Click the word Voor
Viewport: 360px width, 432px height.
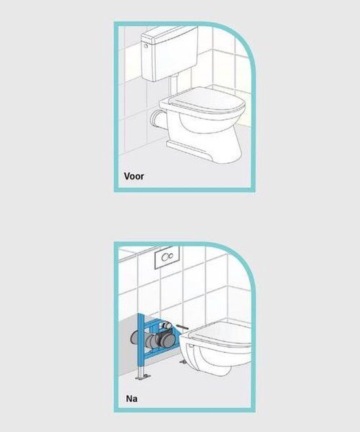click(134, 176)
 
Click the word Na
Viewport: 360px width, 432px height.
click(132, 399)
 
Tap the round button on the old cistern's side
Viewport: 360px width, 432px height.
click(146, 46)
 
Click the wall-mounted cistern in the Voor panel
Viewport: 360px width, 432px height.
click(170, 54)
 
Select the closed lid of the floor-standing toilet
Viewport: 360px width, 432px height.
click(207, 100)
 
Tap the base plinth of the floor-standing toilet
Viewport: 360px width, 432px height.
click(190, 151)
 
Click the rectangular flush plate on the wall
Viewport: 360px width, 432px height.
click(167, 257)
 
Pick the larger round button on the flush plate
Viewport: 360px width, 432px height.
click(165, 257)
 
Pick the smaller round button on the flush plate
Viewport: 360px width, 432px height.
click(171, 256)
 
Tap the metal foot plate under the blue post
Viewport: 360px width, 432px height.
click(143, 377)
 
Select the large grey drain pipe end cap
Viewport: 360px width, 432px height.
click(166, 339)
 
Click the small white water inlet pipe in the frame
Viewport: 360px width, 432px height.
click(166, 325)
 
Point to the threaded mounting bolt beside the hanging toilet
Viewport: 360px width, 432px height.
click(182, 327)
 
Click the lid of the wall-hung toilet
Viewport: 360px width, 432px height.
click(221, 333)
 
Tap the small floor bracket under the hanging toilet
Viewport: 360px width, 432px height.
click(183, 361)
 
